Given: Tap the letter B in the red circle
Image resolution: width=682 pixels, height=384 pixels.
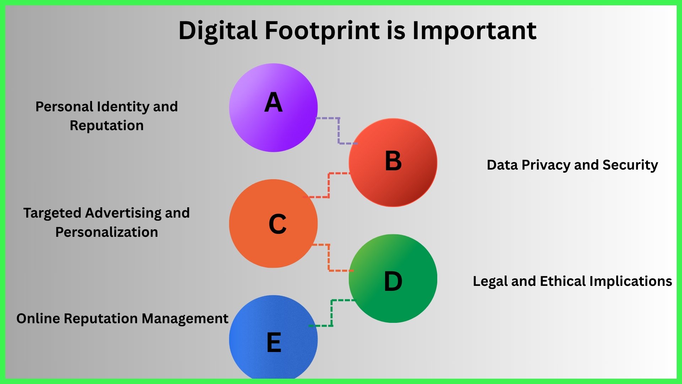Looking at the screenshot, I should (x=393, y=161).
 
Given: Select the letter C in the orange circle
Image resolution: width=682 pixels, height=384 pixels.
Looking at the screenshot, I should (x=277, y=224).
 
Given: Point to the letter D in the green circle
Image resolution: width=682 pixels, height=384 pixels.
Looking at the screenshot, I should (x=393, y=282).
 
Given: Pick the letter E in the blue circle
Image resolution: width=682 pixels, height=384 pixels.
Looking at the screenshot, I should (x=274, y=342).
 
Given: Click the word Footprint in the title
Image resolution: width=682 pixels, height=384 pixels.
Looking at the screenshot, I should (x=322, y=31).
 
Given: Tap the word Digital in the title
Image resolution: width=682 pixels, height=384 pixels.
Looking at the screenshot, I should (x=218, y=31).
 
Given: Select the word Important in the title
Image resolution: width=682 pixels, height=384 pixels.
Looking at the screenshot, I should (x=474, y=31).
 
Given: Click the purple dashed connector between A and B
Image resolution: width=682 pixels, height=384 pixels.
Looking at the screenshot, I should (x=339, y=131).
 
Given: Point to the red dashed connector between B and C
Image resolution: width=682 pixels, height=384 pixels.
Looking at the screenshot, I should (x=329, y=185).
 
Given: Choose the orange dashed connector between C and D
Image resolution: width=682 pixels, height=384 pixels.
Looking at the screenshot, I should (x=329, y=258).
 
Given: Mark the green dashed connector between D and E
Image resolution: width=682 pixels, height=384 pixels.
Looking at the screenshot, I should (x=332, y=313).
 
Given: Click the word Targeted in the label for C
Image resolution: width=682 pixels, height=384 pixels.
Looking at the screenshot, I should (x=52, y=213).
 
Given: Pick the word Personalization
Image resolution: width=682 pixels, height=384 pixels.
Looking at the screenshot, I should (x=107, y=232).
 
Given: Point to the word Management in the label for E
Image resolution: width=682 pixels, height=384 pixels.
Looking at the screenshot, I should (x=185, y=319).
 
